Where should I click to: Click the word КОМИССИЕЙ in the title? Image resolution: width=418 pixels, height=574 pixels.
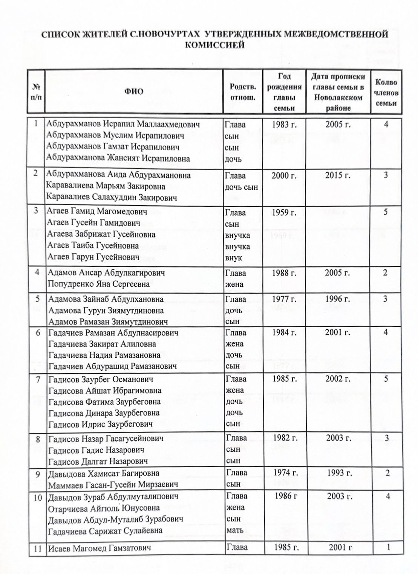pyautogui.click(x=215, y=45)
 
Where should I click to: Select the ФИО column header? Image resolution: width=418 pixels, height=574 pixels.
pyautogui.click(x=134, y=92)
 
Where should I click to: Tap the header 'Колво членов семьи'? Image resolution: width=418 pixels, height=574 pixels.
pyautogui.click(x=386, y=92)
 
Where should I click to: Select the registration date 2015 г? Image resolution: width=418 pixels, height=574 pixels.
pyautogui.click(x=338, y=175)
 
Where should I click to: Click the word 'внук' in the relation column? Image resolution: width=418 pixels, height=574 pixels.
pyautogui.click(x=234, y=259)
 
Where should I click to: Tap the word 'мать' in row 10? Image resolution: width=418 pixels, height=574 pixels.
pyautogui.click(x=234, y=530)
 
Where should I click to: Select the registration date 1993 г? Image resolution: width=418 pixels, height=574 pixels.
pyautogui.click(x=339, y=473)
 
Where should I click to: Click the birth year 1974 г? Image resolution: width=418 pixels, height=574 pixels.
pyautogui.click(x=285, y=473)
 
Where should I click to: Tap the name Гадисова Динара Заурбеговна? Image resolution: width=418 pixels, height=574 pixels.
pyautogui.click(x=104, y=413)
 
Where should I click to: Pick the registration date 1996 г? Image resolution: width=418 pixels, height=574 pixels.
pyautogui.click(x=338, y=299)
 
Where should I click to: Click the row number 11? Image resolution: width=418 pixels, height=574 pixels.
pyautogui.click(x=38, y=548)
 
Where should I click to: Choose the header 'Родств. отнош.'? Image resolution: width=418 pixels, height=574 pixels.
pyautogui.click(x=243, y=92)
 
